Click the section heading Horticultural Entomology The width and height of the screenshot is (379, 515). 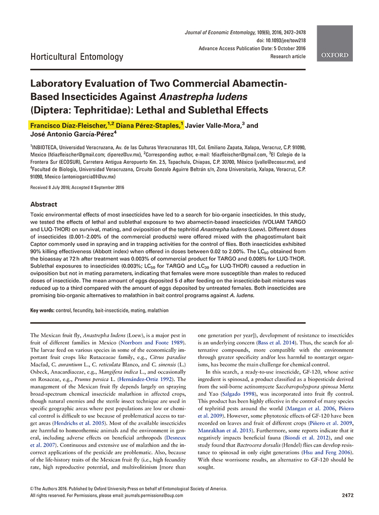pos(76,57)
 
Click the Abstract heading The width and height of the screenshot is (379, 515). pos(44,205)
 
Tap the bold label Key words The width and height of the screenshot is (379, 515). pos(42,310)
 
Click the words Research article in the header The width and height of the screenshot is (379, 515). pos(288,57)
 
